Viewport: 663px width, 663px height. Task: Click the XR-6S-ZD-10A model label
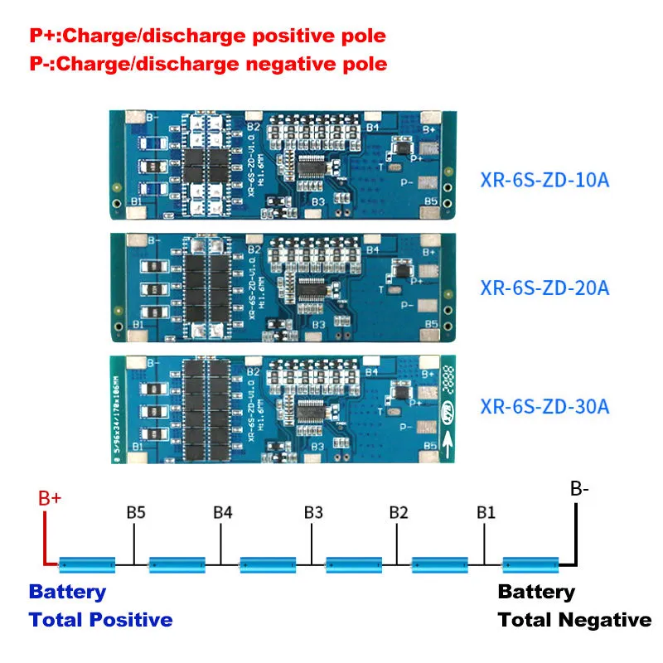(x=544, y=179)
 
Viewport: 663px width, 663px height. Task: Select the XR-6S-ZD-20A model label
(x=544, y=288)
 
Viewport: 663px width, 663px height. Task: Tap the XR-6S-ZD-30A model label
(x=544, y=406)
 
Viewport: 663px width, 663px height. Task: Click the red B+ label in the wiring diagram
(x=51, y=499)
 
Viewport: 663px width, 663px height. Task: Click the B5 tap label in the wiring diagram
(x=137, y=511)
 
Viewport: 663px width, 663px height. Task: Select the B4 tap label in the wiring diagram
(x=222, y=511)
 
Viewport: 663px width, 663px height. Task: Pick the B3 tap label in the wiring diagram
(x=312, y=511)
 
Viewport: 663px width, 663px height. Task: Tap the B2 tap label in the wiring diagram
(x=399, y=511)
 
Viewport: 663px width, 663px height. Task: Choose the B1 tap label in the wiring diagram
(x=486, y=511)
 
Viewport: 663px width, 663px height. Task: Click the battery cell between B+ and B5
(x=87, y=565)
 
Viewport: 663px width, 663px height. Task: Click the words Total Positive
(x=100, y=619)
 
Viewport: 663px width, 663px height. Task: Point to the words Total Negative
(x=574, y=619)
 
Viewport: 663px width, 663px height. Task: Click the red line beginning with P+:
(x=208, y=37)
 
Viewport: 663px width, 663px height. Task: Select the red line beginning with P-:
(x=208, y=64)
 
